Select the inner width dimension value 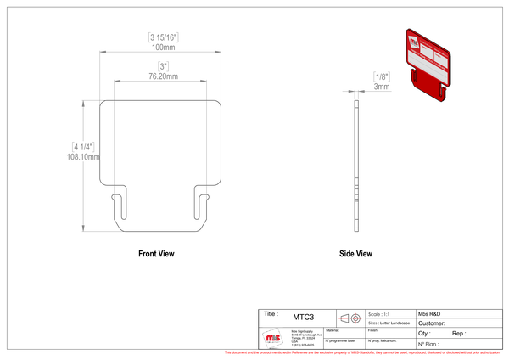tap(163, 65)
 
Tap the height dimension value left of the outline tap(81, 150)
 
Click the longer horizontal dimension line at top tap(161, 52)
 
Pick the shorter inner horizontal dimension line tap(161, 80)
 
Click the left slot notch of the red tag tap(415, 76)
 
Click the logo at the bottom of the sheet tap(273, 338)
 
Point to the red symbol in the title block tap(350, 318)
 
